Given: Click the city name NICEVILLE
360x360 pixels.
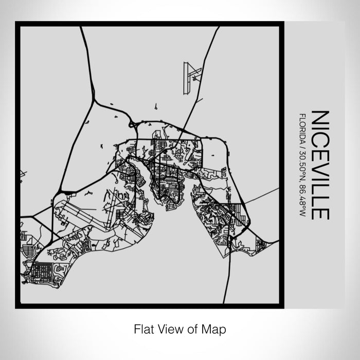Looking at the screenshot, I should click(319, 165).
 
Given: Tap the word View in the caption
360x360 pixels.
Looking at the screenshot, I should click(169, 328).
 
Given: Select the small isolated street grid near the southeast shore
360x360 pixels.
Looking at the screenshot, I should click(261, 244).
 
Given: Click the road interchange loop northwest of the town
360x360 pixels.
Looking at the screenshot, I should click(132, 124).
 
